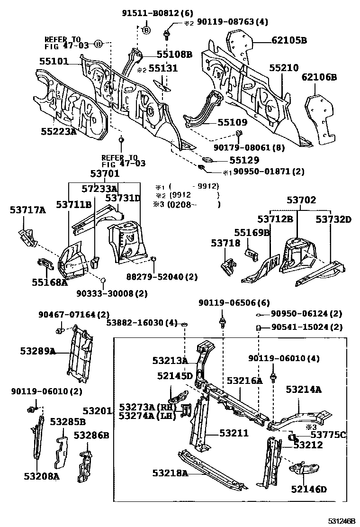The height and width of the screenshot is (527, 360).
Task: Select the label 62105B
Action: pos(289,41)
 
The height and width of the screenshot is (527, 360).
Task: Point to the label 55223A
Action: pos(58,131)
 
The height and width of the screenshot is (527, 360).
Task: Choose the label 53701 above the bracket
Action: pos(105,174)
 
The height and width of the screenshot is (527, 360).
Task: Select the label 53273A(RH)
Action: pos(147,408)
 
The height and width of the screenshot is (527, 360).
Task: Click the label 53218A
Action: pos(170,472)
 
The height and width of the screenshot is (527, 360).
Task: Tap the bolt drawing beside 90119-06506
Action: pos(222,324)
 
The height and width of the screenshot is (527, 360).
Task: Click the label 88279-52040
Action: pos(162,277)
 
